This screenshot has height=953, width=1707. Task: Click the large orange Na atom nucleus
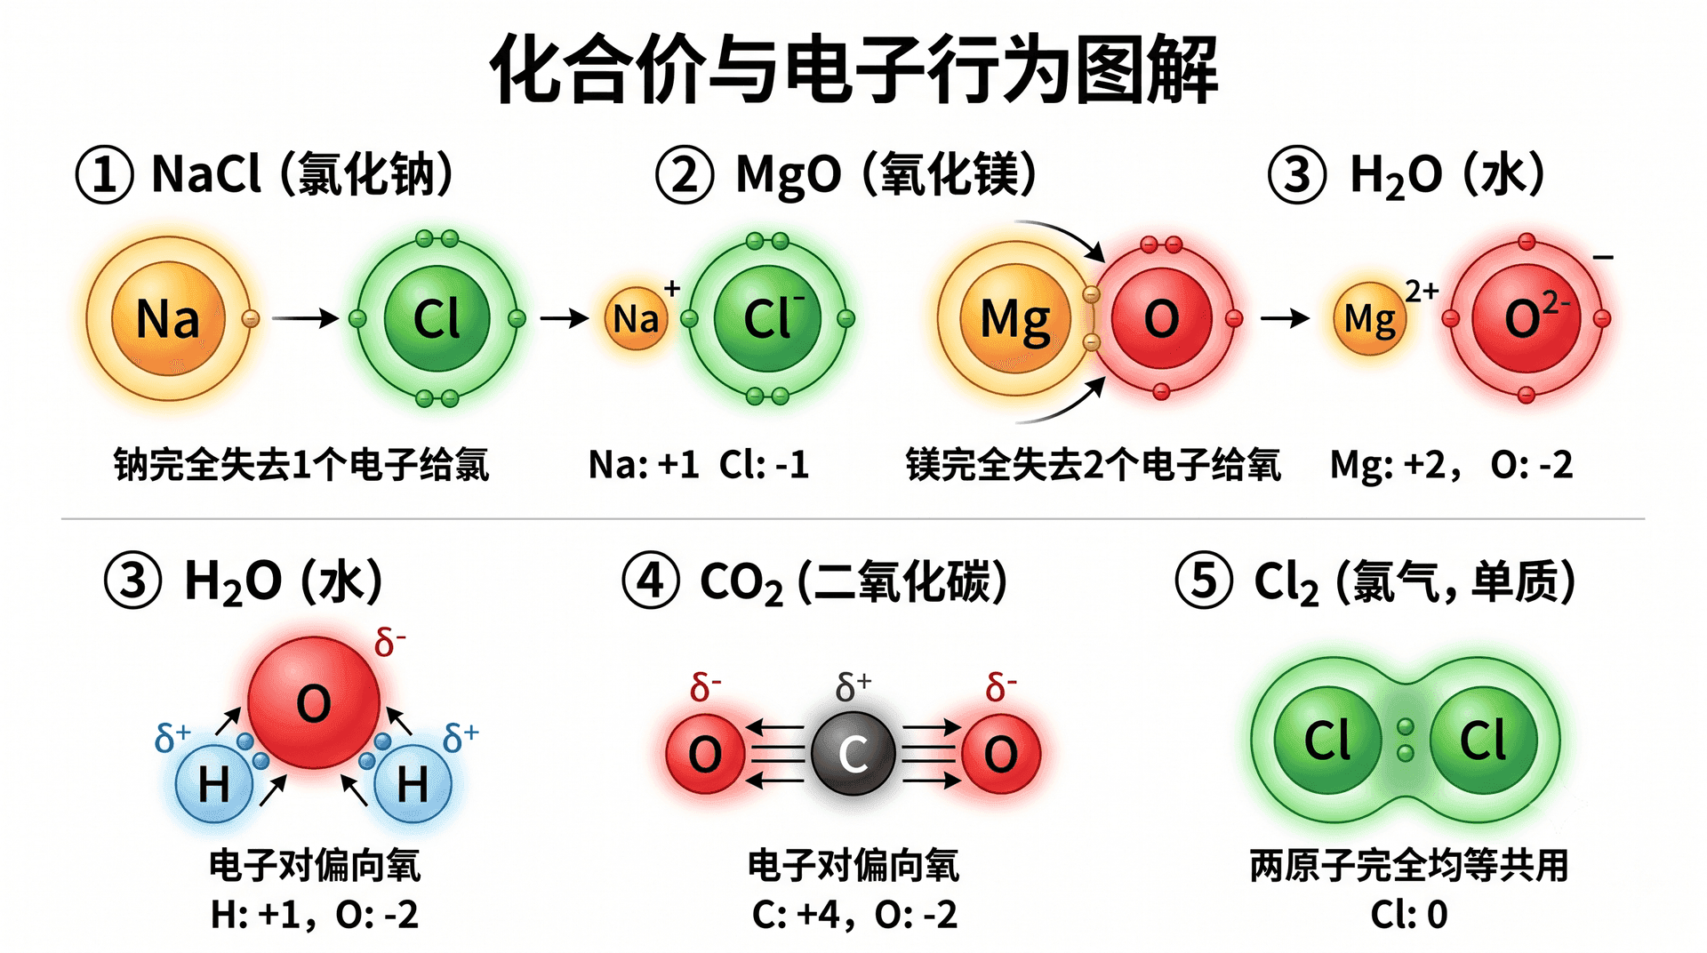168,318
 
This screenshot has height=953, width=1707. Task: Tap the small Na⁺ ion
636,318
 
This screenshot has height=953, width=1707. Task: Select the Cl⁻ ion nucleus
768,318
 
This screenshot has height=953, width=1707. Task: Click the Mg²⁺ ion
1370,318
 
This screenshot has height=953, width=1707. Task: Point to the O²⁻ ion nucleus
1527,318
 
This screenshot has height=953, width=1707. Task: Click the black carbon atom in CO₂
853,754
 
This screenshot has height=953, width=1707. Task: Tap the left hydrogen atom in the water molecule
214,783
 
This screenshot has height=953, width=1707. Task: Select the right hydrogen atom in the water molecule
413,783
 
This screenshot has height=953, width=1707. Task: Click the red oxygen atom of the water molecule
314,702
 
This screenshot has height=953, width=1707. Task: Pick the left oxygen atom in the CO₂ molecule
705,754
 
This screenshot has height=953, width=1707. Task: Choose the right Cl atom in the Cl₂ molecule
1484,741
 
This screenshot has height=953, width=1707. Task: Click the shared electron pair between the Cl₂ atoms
1406,741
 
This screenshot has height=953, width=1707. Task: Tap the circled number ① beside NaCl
105,174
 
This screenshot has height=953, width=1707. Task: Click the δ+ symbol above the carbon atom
853,686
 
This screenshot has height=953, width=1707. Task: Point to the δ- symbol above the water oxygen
390,641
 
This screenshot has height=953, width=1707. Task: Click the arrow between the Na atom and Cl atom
306,318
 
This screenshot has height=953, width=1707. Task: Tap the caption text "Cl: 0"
1409,914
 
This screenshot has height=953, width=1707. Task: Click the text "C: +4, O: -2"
854,914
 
